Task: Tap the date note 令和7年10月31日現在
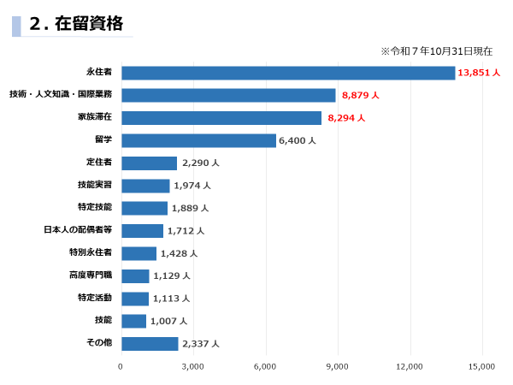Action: click(436, 51)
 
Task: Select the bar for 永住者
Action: click(287, 73)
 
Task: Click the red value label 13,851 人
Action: click(478, 73)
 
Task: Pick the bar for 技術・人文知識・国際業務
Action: click(228, 95)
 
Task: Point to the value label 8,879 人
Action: click(360, 95)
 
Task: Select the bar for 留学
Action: click(198, 140)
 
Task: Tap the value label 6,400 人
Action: click(298, 140)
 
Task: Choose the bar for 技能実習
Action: click(145, 186)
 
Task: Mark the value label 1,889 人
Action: click(190, 208)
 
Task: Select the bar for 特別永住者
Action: click(139, 253)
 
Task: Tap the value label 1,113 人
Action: click(171, 299)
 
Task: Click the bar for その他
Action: click(150, 343)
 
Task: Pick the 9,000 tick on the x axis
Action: click(338, 366)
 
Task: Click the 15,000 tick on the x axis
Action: click(482, 366)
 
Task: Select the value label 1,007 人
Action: click(168, 321)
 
